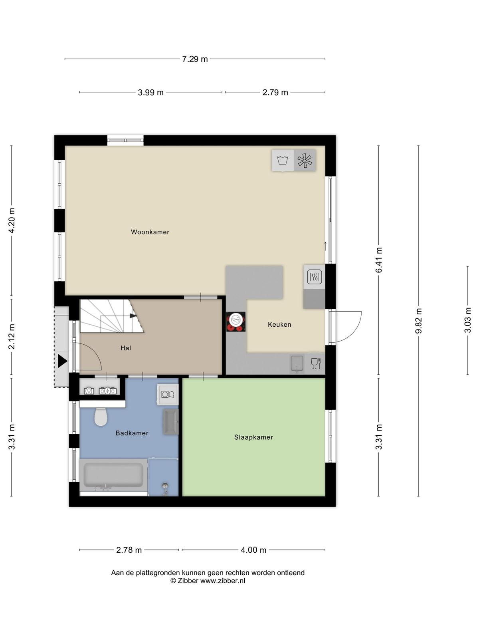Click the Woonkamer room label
pos(150,232)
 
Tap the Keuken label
pos(279,324)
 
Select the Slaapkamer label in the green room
pos(253,437)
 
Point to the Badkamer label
pos(132,433)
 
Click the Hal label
pos(126,348)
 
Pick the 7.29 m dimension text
pos(195,59)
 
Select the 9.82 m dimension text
pos(418,321)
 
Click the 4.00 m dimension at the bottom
pos(253,550)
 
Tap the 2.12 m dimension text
pos(12,337)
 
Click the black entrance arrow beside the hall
pos(62,361)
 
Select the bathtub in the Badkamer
pos(113,475)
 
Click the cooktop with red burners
pos(236,321)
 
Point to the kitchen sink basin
pos(297,363)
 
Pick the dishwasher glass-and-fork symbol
pos(316,363)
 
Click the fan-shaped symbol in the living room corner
pos(305,161)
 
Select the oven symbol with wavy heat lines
pos(315,277)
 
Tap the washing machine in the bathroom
pos(168,395)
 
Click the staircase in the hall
pos(112,316)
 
